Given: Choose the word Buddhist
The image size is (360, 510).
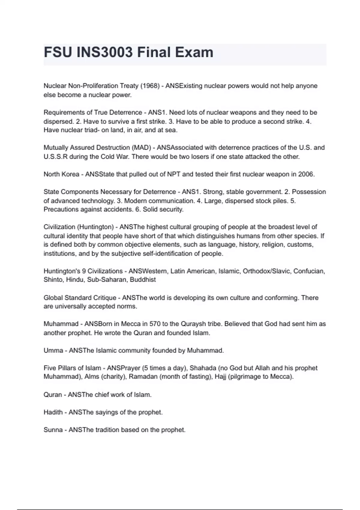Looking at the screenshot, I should [143, 280].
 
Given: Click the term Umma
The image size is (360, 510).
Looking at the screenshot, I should [53, 350].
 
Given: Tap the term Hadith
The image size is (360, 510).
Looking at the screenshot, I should [53, 412].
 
